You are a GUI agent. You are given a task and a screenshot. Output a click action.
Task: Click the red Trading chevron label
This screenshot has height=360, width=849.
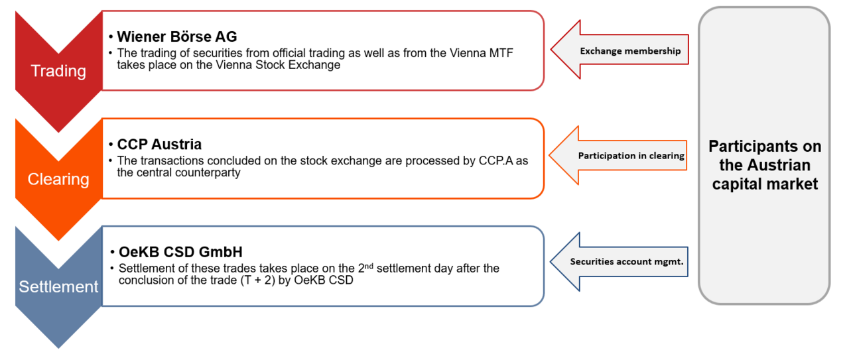pyautogui.click(x=58, y=71)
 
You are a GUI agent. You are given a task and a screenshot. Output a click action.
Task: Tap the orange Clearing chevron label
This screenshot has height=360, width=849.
pyautogui.click(x=58, y=179)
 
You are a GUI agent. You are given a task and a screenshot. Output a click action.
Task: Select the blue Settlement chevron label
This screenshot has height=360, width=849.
pyautogui.click(x=58, y=287)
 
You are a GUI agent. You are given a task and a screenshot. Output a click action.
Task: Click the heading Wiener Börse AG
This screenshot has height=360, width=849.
pyautogui.click(x=176, y=36)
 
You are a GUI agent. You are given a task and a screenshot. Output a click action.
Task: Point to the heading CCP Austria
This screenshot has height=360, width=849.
pyautogui.click(x=159, y=145)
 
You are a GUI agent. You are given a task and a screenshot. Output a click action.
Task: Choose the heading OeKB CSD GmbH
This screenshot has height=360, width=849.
pyautogui.click(x=180, y=252)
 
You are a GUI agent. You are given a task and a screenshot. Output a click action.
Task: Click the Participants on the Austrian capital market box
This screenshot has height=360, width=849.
pyautogui.click(x=764, y=165)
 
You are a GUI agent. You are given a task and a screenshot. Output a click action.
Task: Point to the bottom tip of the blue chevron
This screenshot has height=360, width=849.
pyautogui.click(x=58, y=346)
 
